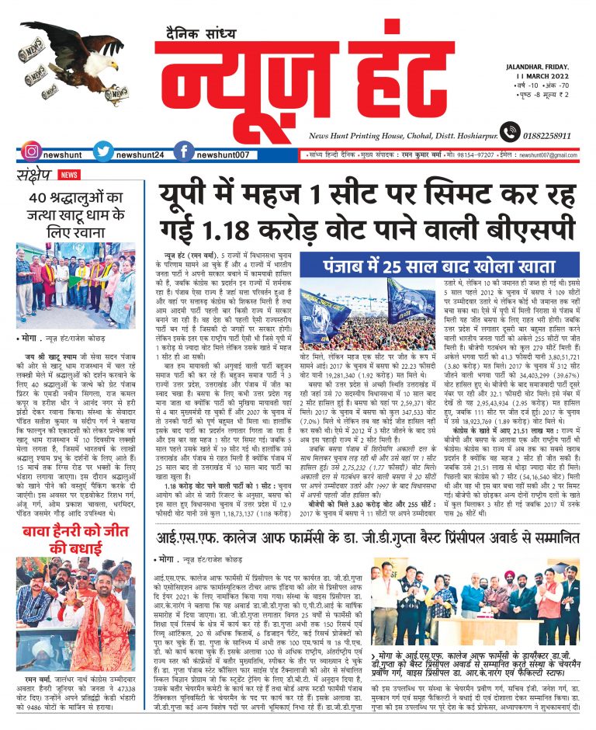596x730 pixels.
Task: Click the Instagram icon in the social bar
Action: coord(32,152)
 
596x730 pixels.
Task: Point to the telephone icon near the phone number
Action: coord(510,133)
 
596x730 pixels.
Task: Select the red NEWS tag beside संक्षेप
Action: coord(69,176)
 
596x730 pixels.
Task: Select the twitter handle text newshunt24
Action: coord(138,155)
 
